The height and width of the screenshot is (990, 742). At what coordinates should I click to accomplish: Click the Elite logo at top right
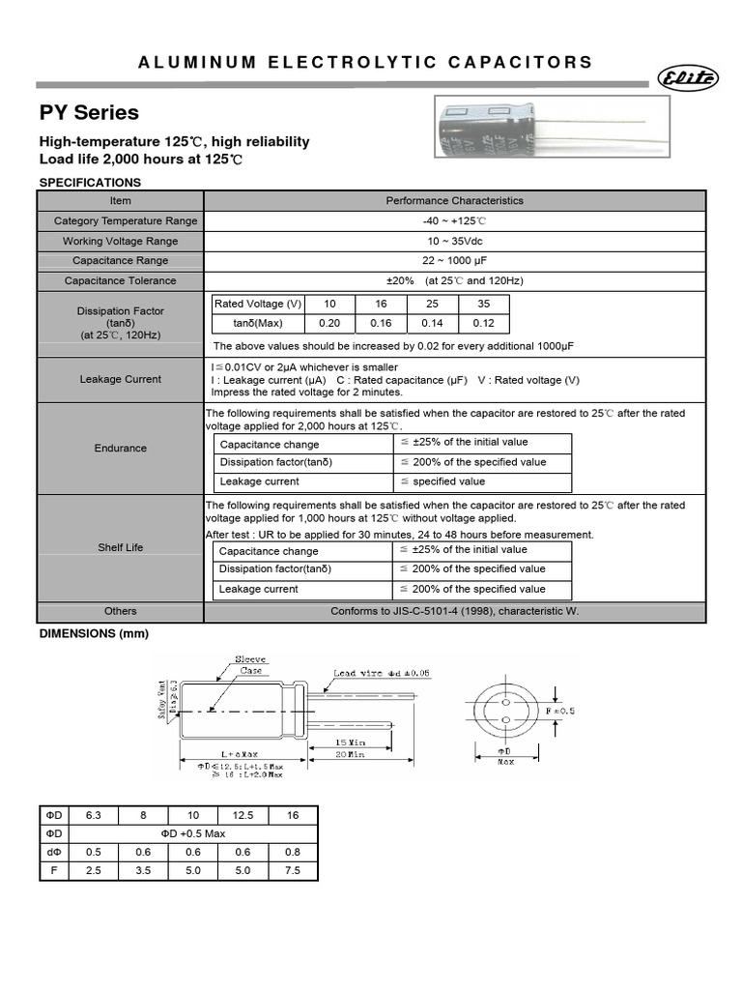pos(687,78)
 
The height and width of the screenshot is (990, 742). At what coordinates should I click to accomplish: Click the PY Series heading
pos(89,113)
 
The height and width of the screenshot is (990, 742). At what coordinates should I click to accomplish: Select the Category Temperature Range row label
pos(121,221)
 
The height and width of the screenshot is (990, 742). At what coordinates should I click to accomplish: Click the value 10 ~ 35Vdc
pos(454,241)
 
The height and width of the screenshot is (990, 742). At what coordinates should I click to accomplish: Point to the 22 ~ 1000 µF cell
pos(454,261)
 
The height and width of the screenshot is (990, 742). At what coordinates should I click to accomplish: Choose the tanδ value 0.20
pos(329,323)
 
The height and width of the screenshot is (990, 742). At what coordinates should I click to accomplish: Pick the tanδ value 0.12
pos(484,323)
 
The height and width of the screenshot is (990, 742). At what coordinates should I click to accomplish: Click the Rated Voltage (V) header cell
pos(258,304)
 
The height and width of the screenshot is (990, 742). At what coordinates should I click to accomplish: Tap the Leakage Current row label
pos(121,380)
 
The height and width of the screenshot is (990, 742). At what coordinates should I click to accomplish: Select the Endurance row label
pos(121,449)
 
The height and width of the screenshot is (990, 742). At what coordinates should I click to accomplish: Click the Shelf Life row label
pos(121,547)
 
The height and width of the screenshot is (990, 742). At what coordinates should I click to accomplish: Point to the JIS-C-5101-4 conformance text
pos(454,612)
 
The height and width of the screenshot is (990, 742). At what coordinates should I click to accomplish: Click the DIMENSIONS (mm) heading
pos(94,634)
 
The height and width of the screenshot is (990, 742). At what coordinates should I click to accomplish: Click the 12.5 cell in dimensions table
pos(243,815)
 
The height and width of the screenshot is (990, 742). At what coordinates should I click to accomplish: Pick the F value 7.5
pos(293,871)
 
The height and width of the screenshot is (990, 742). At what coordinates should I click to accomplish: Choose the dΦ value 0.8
pos(293,852)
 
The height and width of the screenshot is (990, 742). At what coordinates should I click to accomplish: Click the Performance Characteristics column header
pos(454,201)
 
